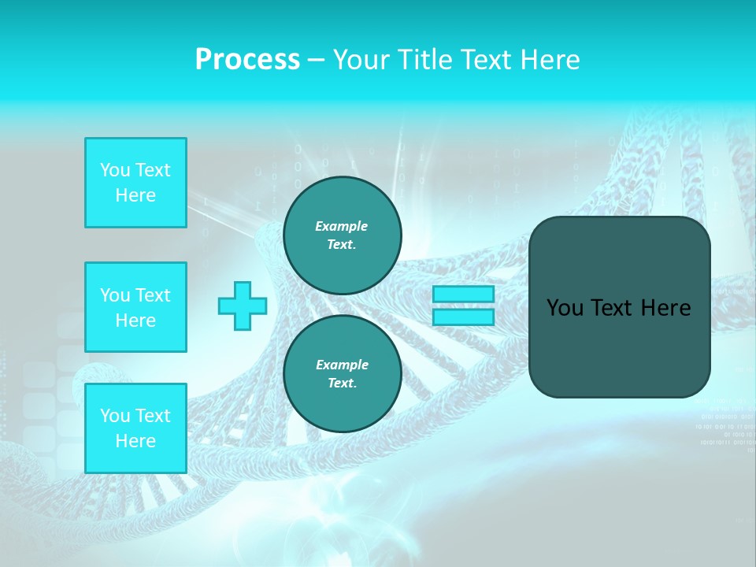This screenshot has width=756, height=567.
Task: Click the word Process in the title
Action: (x=247, y=59)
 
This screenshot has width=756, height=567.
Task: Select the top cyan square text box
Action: (x=135, y=183)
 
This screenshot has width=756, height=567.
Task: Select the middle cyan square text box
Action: (x=135, y=307)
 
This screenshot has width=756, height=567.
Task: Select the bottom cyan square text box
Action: (x=135, y=428)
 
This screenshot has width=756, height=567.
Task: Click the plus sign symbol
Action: (x=243, y=306)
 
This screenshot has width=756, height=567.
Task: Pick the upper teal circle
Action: (x=342, y=235)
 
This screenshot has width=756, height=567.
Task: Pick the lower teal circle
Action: (x=342, y=374)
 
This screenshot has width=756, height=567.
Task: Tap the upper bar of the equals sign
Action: (x=463, y=295)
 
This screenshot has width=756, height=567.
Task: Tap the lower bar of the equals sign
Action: (x=463, y=317)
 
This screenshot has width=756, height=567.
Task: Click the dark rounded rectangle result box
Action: (x=619, y=346)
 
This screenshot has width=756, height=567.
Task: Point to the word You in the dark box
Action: (x=565, y=308)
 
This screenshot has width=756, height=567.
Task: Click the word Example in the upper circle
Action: (x=342, y=226)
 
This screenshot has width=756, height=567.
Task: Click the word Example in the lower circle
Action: (x=342, y=365)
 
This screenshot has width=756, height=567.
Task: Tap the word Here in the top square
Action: (x=135, y=195)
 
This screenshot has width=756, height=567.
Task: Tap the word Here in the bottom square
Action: (x=135, y=441)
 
